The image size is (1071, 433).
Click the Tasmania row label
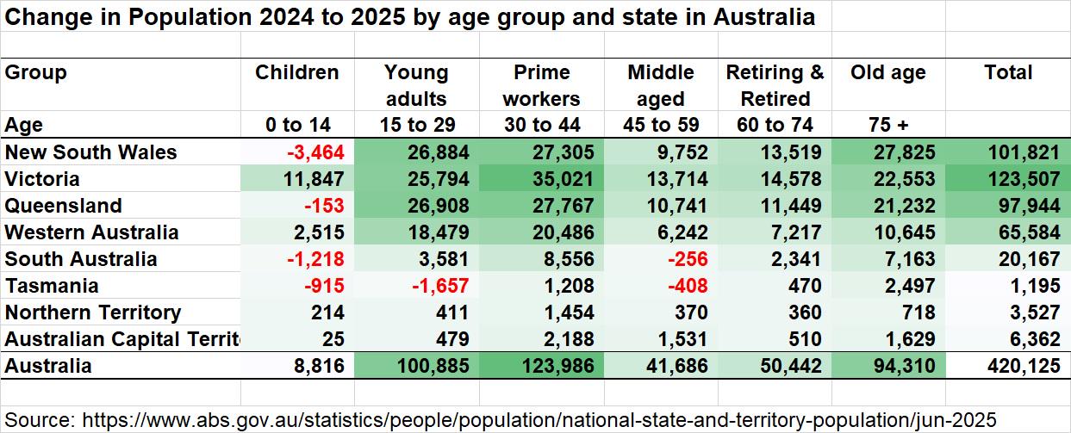(x=52, y=287)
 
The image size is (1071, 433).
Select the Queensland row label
(x=63, y=207)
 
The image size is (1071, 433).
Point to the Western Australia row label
(x=91, y=233)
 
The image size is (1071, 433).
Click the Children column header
(x=297, y=72)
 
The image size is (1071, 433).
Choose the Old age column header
(x=888, y=72)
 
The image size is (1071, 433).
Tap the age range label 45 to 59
(x=660, y=126)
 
